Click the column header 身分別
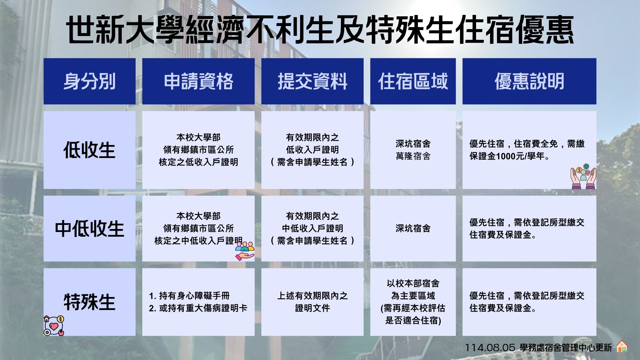tap(89, 81)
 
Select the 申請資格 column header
tap(198, 81)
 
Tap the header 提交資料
tap(312, 81)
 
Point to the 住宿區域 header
tap(413, 81)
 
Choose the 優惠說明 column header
tap(529, 81)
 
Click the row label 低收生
tap(89, 150)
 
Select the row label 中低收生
tap(89, 229)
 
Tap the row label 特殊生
tap(89, 302)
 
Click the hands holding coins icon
tap(583, 177)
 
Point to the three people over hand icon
tap(245, 251)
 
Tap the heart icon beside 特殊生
tap(54, 326)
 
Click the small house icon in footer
tap(622, 346)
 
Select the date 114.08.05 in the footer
tap(490, 348)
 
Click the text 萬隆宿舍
tap(413, 156)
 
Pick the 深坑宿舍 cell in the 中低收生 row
tap(413, 228)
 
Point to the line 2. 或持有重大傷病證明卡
tap(198, 308)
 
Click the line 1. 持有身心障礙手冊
tap(189, 296)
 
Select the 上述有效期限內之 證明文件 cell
tap(312, 302)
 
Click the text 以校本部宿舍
tap(413, 283)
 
